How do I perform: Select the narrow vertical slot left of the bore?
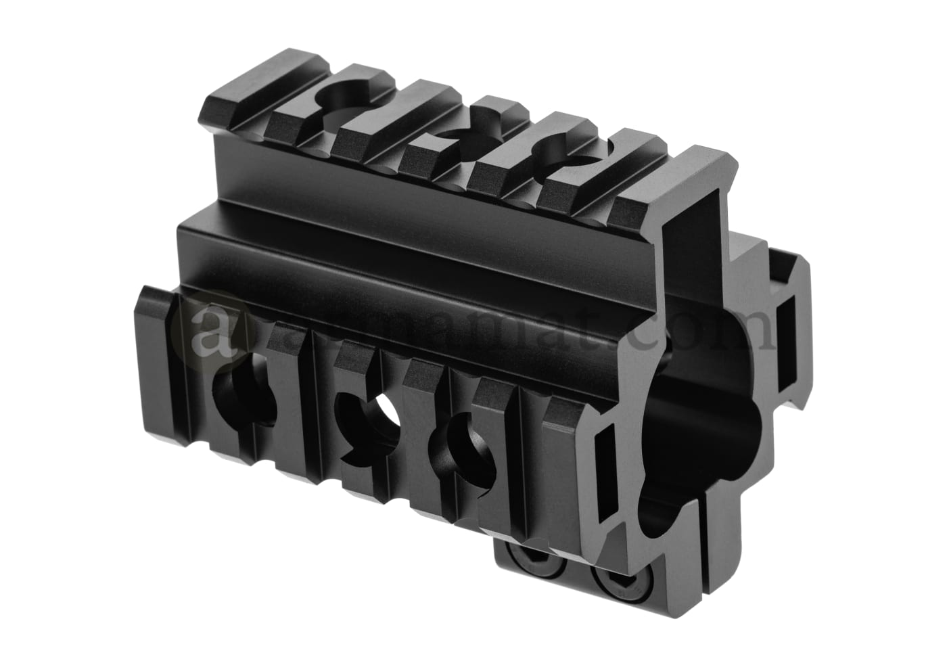[605, 460]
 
